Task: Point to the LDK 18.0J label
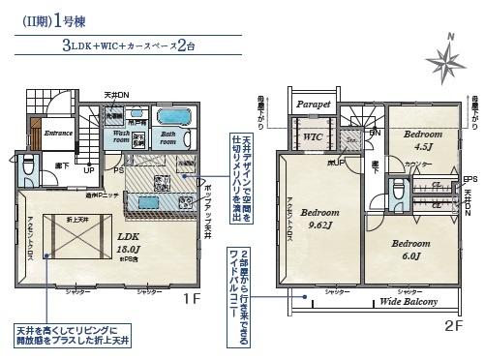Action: click(130, 241)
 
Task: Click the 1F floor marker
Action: click(191, 299)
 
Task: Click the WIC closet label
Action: click(312, 137)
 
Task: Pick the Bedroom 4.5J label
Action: click(423, 139)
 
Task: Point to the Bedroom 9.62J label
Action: click(318, 219)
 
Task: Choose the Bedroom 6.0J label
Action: click(409, 250)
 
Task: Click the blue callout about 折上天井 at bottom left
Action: click(71, 334)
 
